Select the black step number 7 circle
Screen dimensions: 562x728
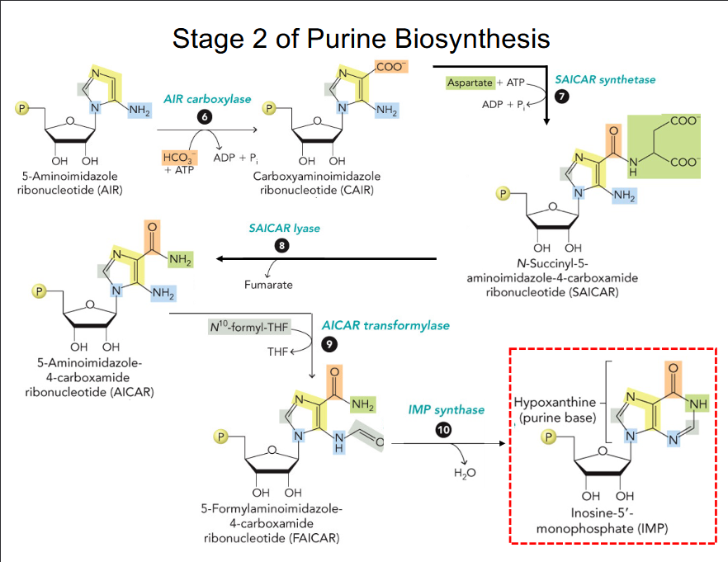(x=562, y=97)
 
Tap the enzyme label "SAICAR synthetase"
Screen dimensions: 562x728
(x=605, y=79)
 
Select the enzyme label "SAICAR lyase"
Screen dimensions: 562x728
(x=284, y=228)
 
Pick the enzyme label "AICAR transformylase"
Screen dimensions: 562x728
(x=385, y=325)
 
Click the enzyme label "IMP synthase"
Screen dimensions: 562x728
(x=446, y=409)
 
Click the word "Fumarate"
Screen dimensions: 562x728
(x=270, y=285)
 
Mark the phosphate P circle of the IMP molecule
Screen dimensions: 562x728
(x=547, y=437)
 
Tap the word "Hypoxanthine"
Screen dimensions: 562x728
(x=551, y=403)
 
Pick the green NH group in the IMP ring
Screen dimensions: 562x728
(x=697, y=404)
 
